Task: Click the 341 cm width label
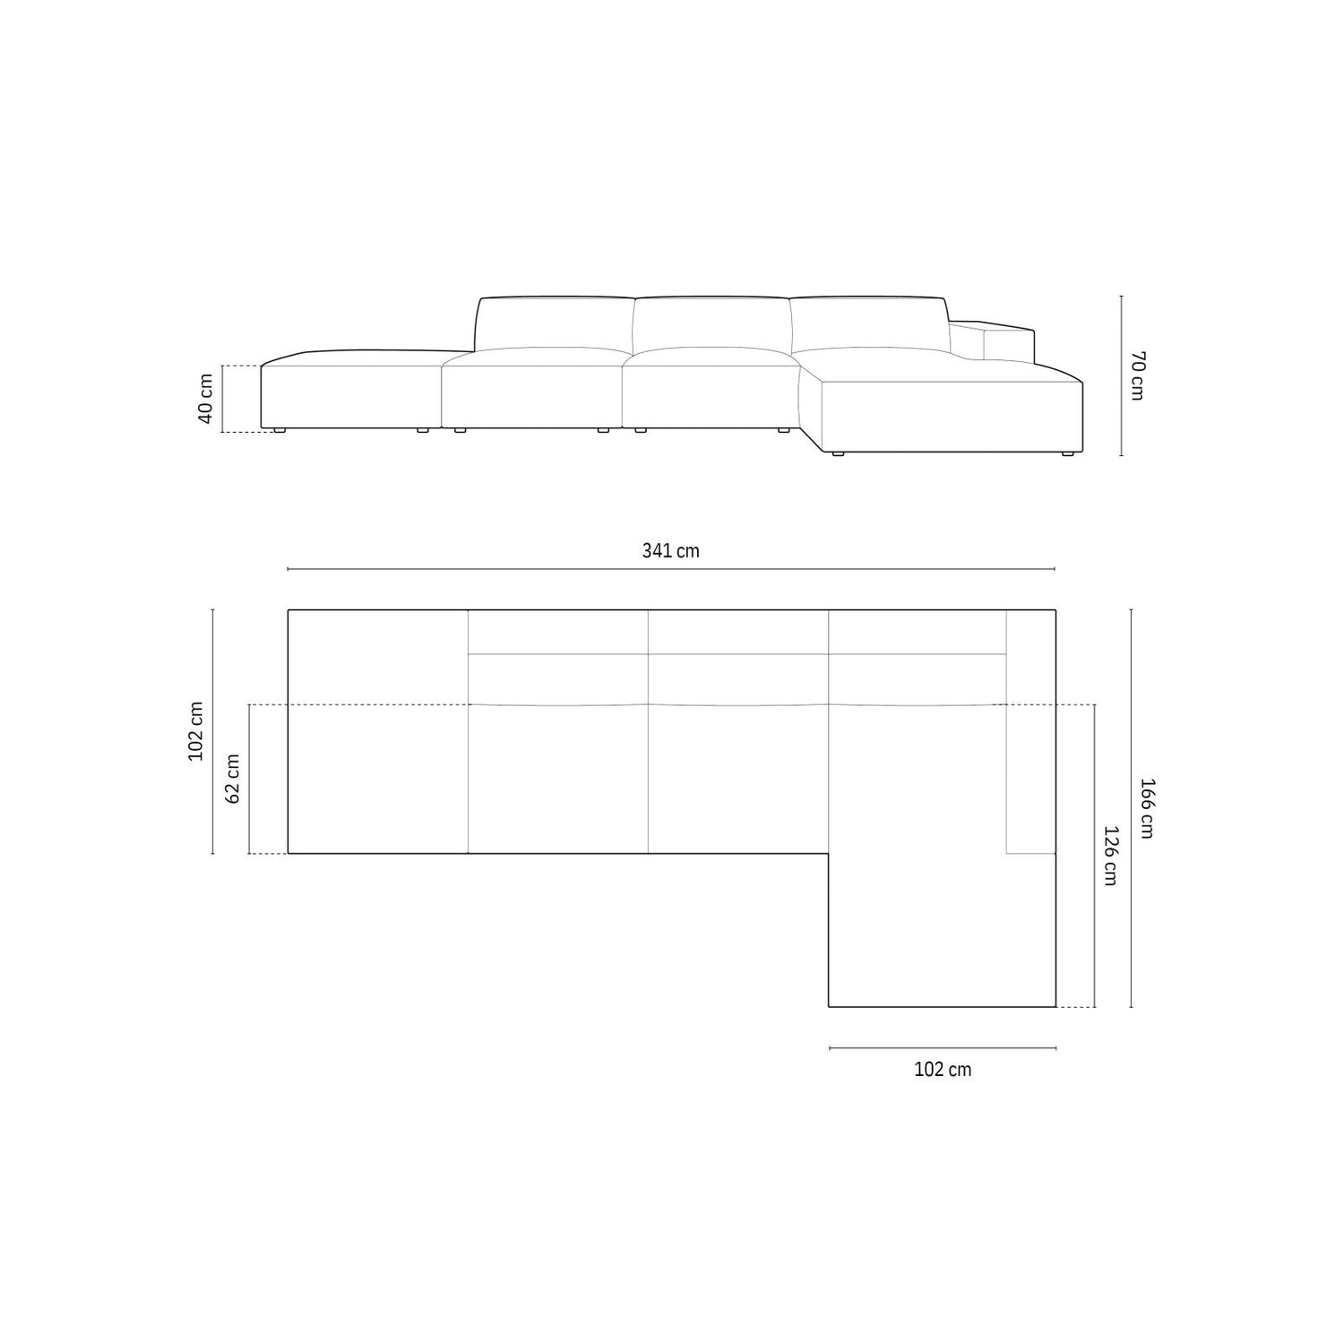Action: point(670,551)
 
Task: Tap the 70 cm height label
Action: point(1136,375)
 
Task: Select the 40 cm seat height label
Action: point(205,400)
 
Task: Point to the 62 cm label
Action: point(232,778)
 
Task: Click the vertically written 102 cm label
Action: point(195,731)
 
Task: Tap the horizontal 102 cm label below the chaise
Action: point(943,1069)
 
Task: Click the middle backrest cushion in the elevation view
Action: point(711,325)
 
